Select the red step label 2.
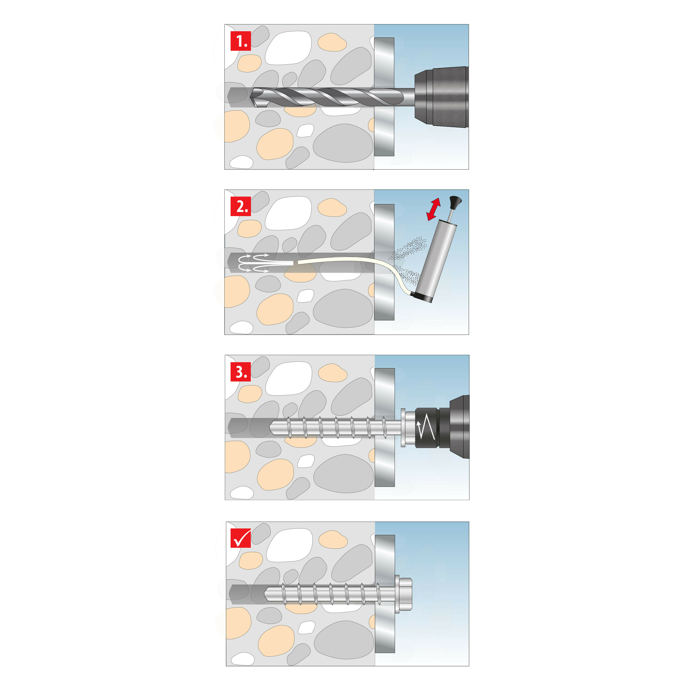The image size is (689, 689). [241, 206]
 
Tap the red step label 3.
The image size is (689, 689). [241, 372]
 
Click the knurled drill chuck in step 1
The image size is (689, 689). [450, 97]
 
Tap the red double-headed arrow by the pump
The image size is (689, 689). [434, 209]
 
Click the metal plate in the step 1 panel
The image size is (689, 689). [384, 97]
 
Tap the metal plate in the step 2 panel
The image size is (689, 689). [384, 262]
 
